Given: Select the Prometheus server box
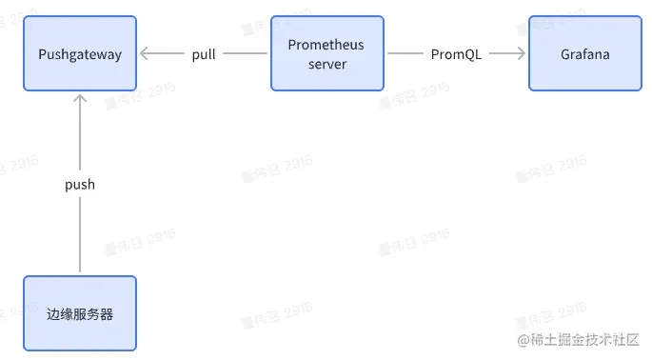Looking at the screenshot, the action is click(x=326, y=53).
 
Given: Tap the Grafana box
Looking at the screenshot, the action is click(x=584, y=53).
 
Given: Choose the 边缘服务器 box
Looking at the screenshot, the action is click(x=80, y=313).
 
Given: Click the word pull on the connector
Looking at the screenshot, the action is click(x=204, y=54).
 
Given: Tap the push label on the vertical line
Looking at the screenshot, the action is click(x=80, y=185).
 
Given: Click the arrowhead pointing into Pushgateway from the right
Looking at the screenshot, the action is click(x=145, y=54).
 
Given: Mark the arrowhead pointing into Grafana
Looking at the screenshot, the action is click(x=522, y=54).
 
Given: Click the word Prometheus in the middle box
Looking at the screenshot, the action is click(x=326, y=45).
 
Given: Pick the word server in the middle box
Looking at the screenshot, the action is click(x=326, y=63).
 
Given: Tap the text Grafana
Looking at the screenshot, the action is click(x=584, y=54).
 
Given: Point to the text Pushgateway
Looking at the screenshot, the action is click(x=80, y=54).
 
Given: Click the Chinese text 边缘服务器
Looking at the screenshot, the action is click(x=80, y=313).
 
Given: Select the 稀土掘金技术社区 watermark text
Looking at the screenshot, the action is click(x=584, y=339).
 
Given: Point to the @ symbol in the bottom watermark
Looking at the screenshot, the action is click(x=523, y=339).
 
